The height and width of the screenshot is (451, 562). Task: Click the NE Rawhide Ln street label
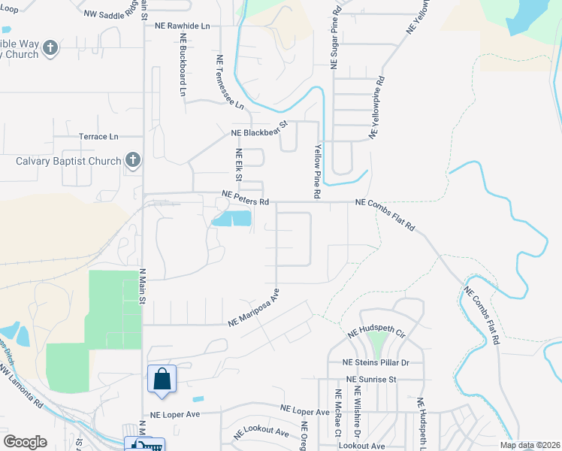point(183,26)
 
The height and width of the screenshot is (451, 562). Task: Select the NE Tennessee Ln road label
point(230,82)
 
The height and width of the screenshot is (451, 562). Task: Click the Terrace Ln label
point(99,137)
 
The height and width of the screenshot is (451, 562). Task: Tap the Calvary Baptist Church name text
point(68,161)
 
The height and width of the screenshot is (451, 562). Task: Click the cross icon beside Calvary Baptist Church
point(133,159)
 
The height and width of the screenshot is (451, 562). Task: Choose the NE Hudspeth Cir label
point(376,332)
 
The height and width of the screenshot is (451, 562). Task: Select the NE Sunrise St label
point(371,380)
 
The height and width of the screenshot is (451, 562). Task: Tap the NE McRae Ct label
point(339,413)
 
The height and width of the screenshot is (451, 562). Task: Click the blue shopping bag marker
point(162,379)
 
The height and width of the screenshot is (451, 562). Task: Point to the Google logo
point(26,442)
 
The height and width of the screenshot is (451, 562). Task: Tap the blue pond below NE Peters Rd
point(233,219)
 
